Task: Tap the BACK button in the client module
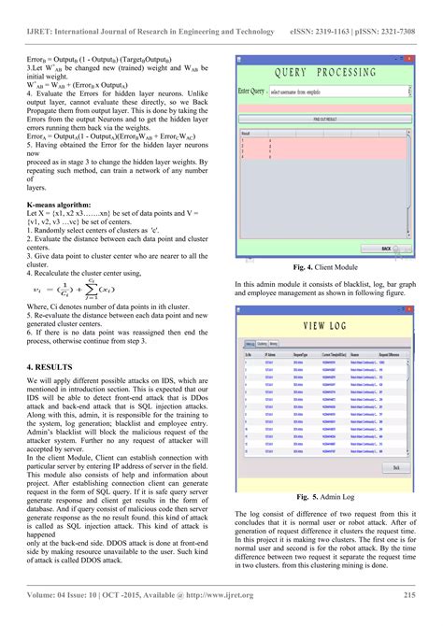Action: (x=384, y=249)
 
